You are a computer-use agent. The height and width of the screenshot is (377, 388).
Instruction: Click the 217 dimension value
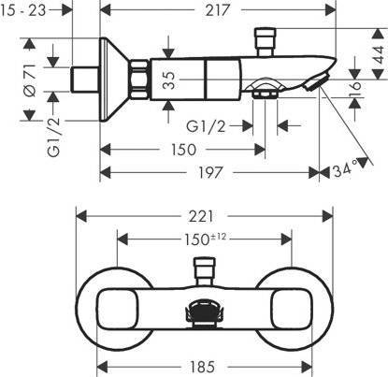(x=218, y=10)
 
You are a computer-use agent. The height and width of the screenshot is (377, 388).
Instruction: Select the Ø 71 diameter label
(x=30, y=80)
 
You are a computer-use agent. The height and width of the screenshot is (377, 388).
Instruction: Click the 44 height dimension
(x=378, y=54)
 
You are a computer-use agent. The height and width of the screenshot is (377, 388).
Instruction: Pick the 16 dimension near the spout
(x=355, y=90)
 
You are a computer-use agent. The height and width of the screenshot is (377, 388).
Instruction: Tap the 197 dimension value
(x=210, y=172)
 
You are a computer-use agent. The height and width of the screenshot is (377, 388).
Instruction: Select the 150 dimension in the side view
(x=183, y=150)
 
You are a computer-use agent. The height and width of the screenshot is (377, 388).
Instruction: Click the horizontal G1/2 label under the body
(x=206, y=126)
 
